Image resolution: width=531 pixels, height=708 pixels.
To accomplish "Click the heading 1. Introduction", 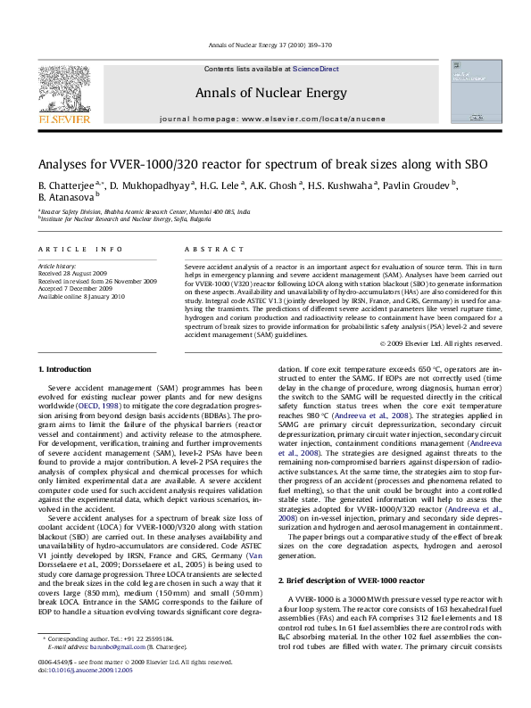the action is tap(66, 367).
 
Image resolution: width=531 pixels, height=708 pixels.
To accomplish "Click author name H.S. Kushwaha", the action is tap(348, 184).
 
